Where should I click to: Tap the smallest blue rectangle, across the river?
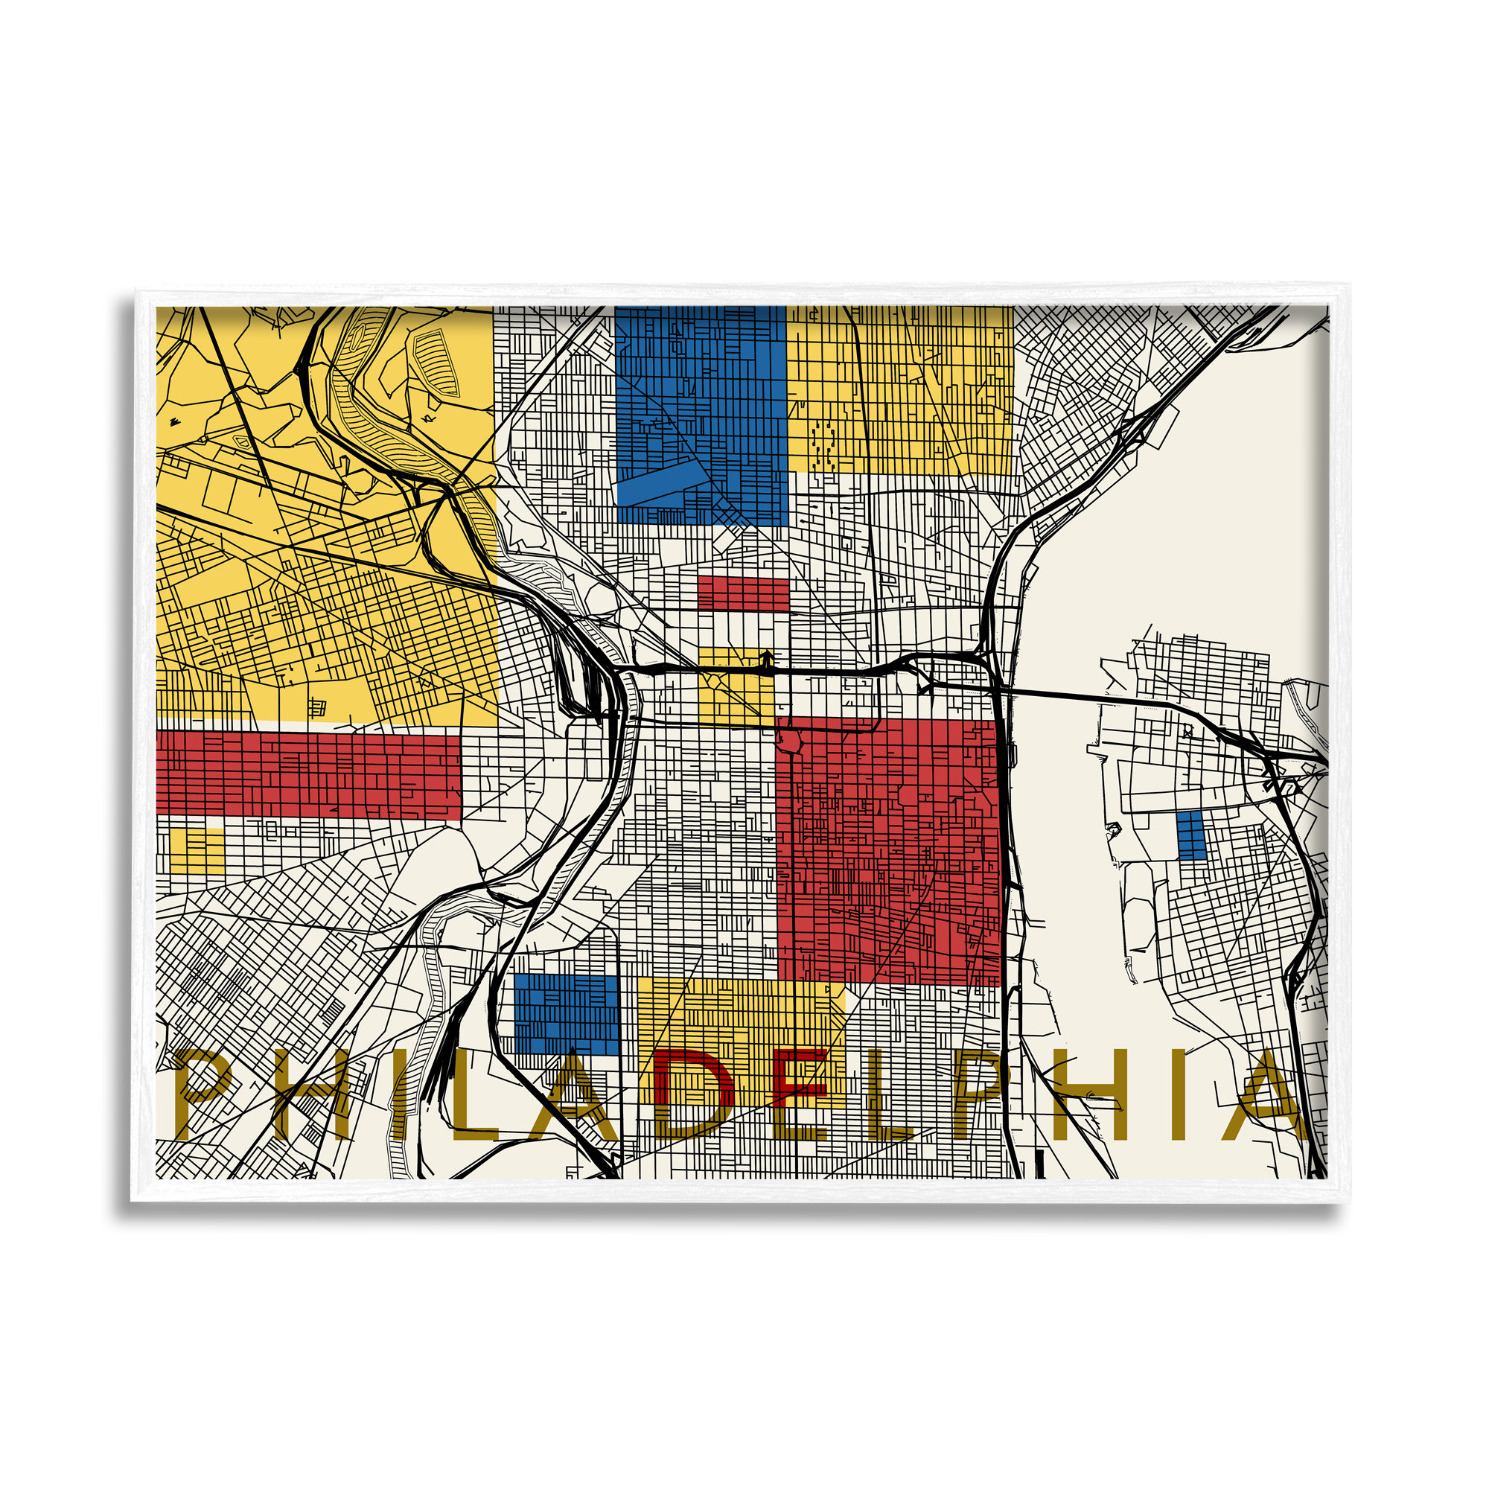pyautogui.click(x=1191, y=835)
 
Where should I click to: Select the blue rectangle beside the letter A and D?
pyautogui.click(x=567, y=1014)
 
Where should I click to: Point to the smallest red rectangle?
pyautogui.click(x=743, y=594)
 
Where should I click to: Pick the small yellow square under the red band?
pyautogui.click(x=197, y=851)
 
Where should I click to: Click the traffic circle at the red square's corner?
pyautogui.click(x=790, y=742)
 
